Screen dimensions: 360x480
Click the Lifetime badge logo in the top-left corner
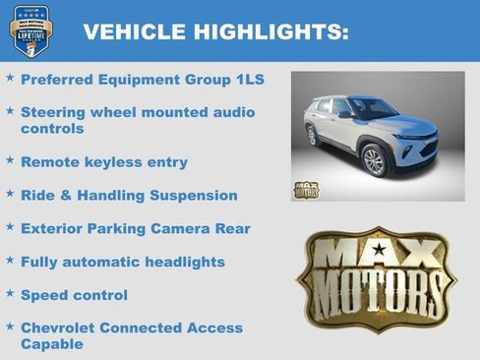30,30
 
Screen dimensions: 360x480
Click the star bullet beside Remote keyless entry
10,159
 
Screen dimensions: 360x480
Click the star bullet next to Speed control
10,293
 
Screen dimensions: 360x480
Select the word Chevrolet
62,328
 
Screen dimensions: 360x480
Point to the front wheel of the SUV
375,160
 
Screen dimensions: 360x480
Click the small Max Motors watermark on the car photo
306,189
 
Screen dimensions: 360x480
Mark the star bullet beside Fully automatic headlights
10,260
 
